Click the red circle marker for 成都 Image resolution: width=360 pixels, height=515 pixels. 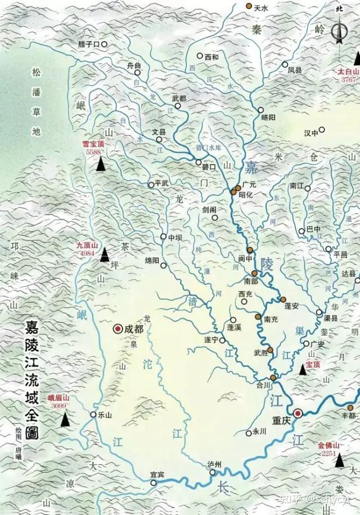coord(118,329)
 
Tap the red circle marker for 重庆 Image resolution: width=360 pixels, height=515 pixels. coord(298,413)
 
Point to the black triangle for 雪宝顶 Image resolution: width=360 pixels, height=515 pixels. coord(101,164)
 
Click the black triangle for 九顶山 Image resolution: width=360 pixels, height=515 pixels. coord(105,255)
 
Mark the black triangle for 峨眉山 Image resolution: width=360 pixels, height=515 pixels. coord(65,418)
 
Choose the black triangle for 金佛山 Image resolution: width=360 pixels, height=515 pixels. coord(340,460)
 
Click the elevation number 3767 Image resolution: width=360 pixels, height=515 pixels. coord(349,80)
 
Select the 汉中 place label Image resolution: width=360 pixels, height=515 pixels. coord(311,133)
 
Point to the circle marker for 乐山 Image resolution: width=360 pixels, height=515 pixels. coord(94,415)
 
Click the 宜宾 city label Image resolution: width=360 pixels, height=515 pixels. coord(157,475)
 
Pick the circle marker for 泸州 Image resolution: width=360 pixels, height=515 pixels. coord(213,472)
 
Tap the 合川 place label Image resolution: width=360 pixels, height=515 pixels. coord(264,385)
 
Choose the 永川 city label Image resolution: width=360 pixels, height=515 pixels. coord(259,432)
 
